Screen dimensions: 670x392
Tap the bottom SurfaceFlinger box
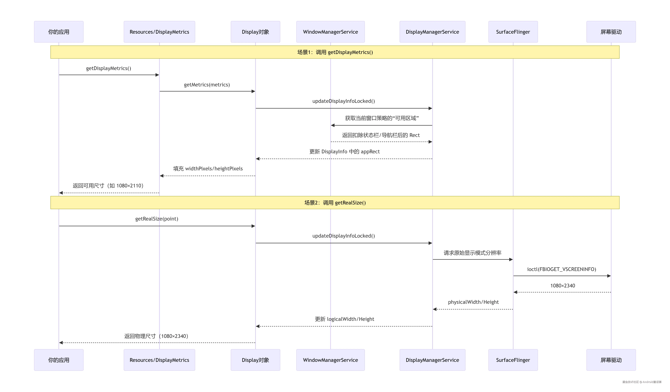[513, 360]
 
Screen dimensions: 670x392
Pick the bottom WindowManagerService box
[330, 360]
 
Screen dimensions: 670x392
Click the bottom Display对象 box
[255, 360]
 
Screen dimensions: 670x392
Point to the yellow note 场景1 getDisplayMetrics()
[335, 52]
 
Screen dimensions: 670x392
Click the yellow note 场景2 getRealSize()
[335, 203]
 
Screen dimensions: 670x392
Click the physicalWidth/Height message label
[473, 302]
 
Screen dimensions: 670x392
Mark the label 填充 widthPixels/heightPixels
[208, 169]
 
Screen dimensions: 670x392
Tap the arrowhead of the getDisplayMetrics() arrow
[157, 75]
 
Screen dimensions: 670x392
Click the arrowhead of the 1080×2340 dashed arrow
[515, 292]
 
